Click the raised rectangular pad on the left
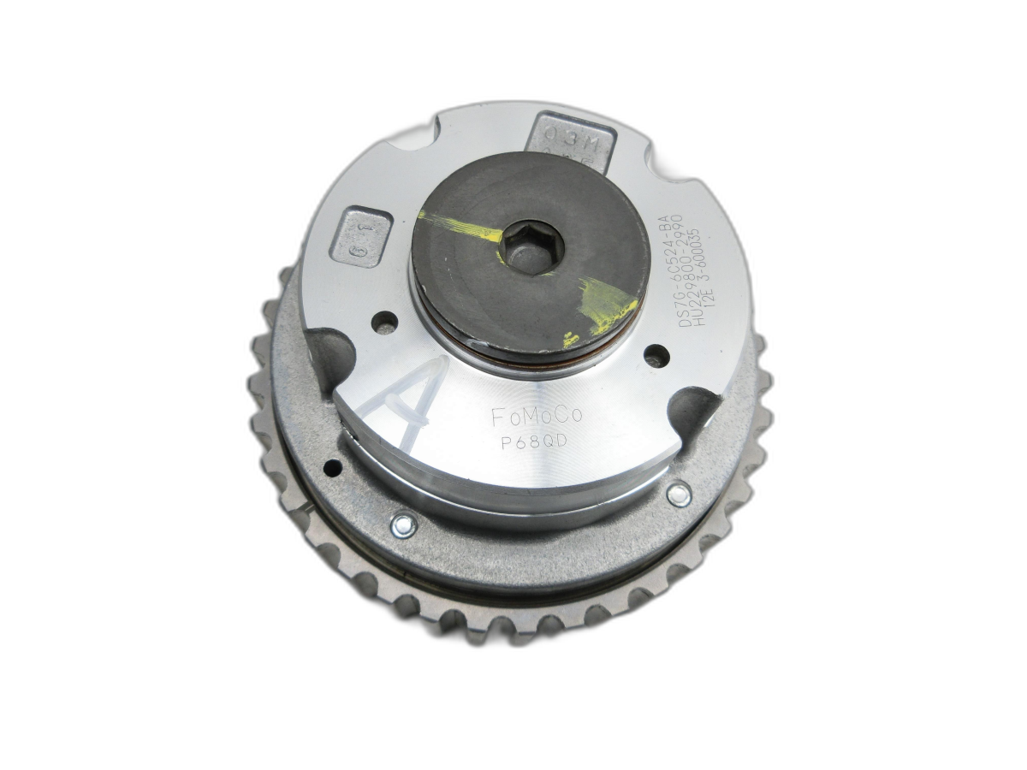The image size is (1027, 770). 361,237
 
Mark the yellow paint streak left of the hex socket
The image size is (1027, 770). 462,225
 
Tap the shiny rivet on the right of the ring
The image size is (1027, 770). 678,495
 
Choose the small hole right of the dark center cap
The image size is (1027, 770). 656,352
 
